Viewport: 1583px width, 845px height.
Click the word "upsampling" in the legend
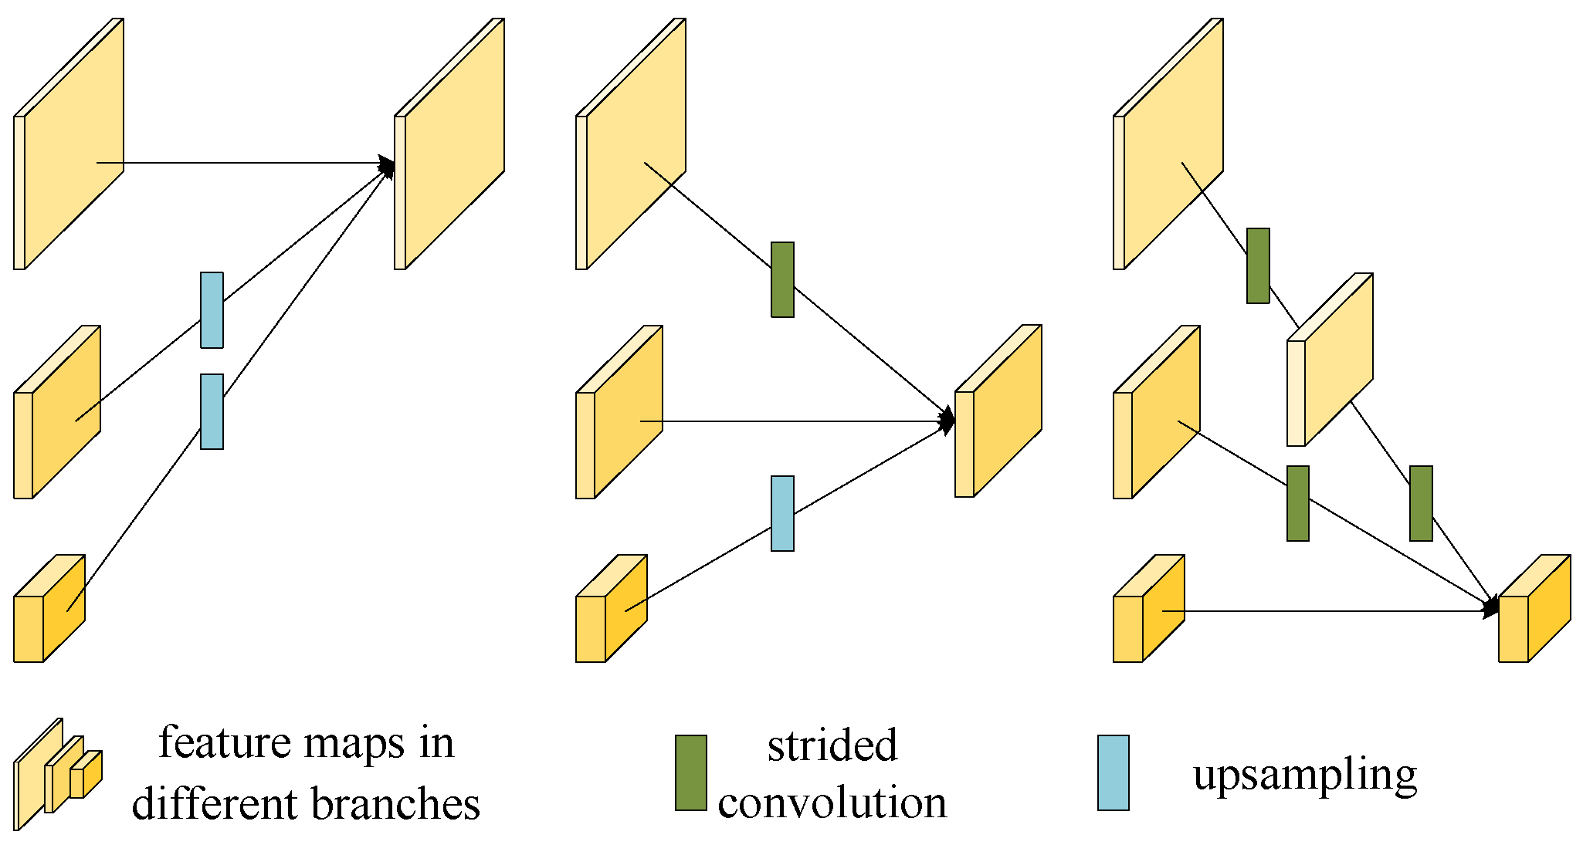click(x=1305, y=774)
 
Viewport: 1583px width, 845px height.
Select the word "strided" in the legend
click(x=832, y=745)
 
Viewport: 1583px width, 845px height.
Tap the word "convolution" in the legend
click(x=832, y=803)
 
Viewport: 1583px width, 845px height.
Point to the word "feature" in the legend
click(x=224, y=742)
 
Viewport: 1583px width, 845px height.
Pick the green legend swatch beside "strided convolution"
click(x=690, y=772)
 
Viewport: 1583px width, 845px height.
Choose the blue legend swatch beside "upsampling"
click(x=1113, y=772)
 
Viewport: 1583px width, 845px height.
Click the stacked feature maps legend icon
click(x=58, y=774)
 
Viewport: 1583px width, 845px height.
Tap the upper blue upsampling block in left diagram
click(x=212, y=310)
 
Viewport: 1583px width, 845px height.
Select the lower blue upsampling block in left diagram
click(x=212, y=411)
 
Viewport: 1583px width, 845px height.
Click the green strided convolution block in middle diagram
click(x=782, y=279)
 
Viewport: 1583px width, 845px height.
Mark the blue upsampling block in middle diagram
click(x=782, y=513)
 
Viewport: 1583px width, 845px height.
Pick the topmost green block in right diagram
click(x=1258, y=265)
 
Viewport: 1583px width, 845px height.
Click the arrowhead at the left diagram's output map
click(x=387, y=166)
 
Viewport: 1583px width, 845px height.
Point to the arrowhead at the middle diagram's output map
click(x=947, y=421)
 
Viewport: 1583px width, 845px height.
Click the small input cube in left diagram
click(x=48, y=610)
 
